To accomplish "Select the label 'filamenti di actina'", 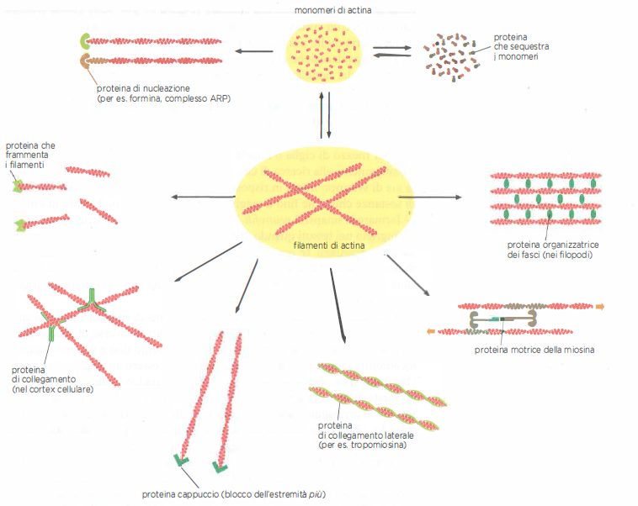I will pos(324,245).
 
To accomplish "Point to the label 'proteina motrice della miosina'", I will pos(534,349).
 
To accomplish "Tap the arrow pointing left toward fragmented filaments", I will pos(202,198).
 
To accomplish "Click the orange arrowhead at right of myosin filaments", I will pos(600,306).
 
